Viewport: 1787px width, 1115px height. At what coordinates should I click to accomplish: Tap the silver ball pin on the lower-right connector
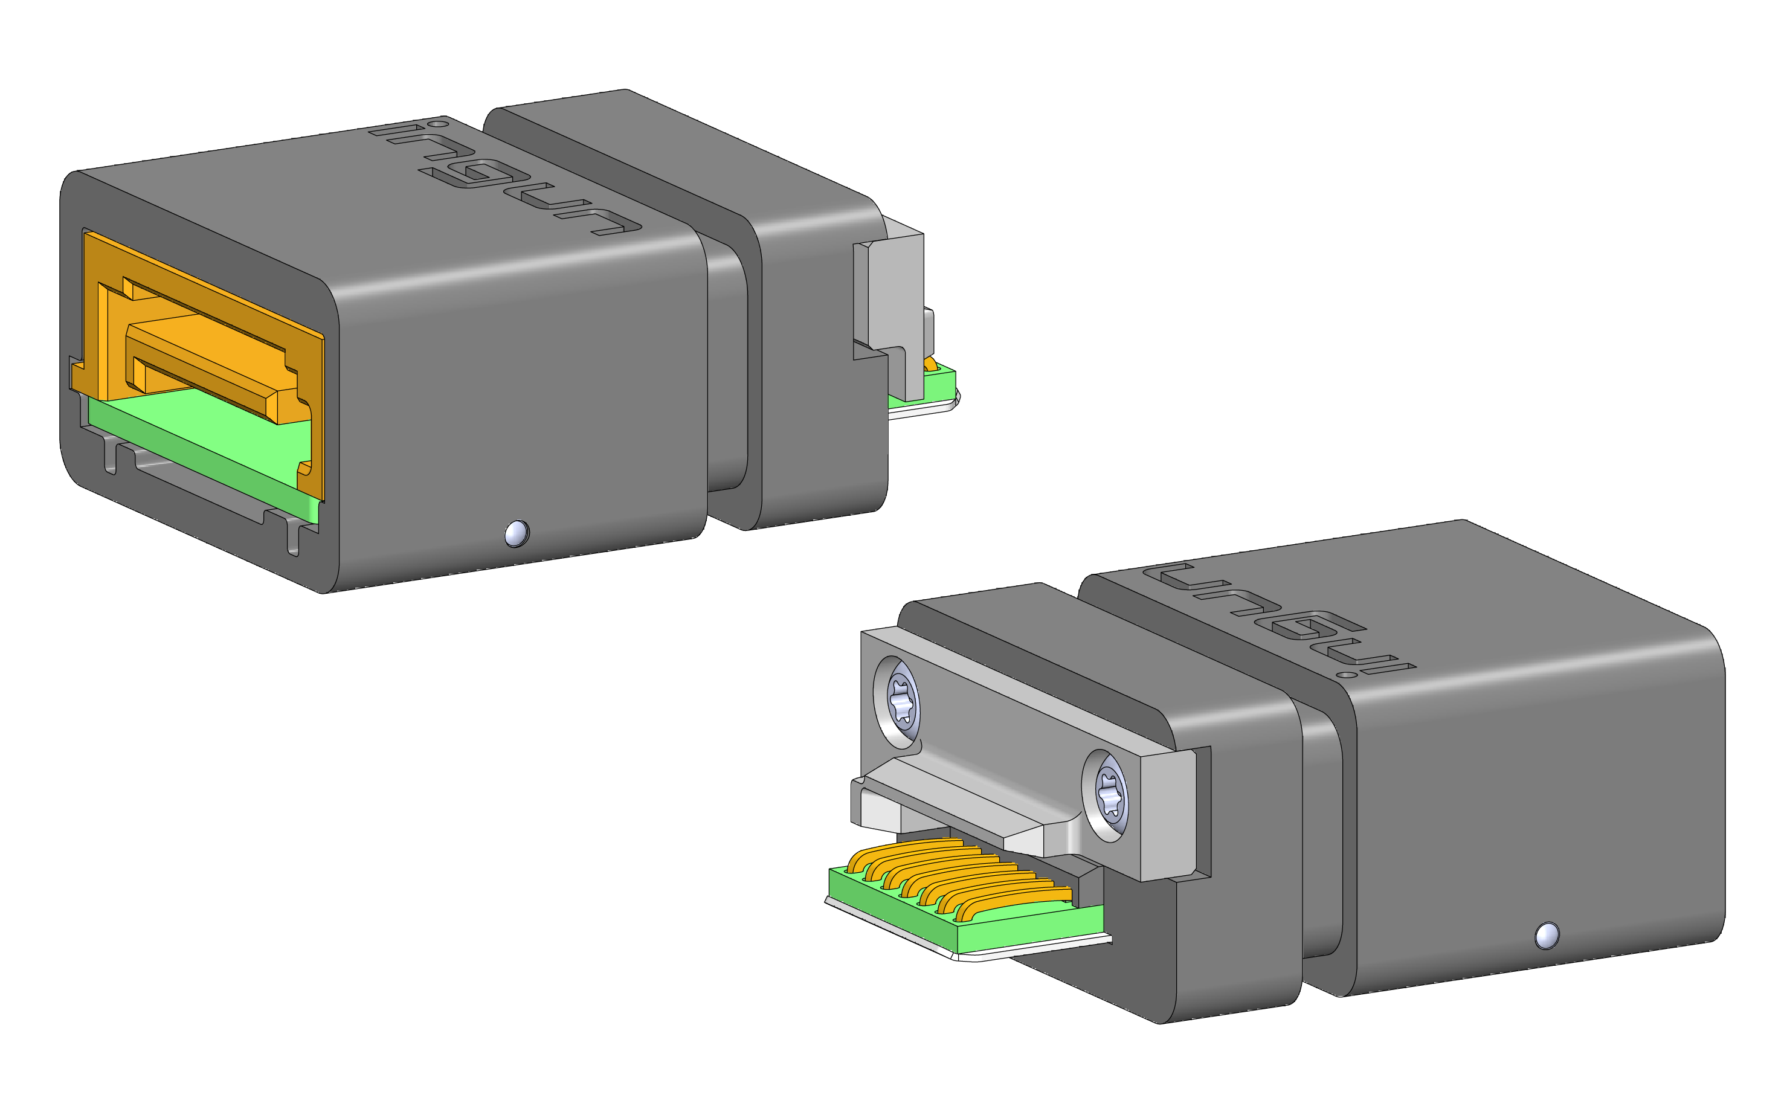[1547, 936]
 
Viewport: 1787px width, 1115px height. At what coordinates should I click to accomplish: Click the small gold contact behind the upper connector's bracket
[931, 364]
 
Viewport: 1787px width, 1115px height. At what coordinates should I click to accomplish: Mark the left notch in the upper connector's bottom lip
[111, 457]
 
